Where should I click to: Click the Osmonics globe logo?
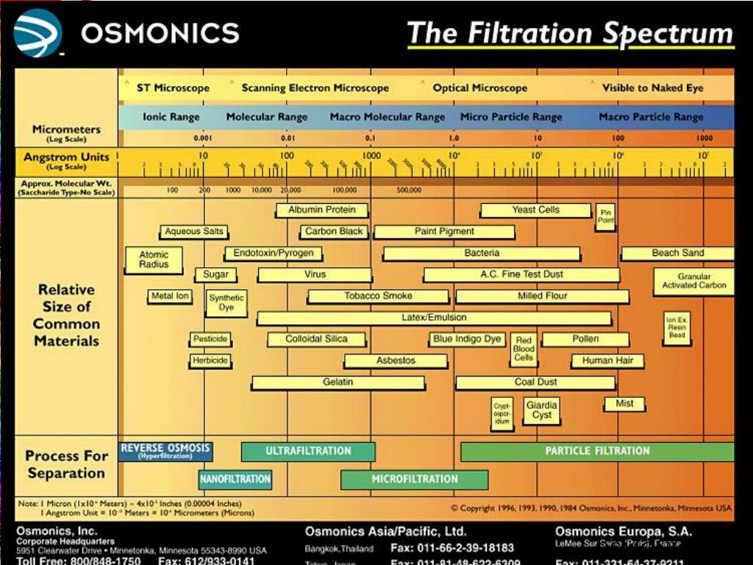click(38, 33)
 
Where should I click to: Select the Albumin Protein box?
click(321, 210)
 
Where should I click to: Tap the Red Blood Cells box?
click(524, 349)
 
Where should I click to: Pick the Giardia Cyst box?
click(542, 410)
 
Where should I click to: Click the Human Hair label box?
click(607, 361)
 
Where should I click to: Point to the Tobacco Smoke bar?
click(378, 296)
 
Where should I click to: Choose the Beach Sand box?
click(677, 253)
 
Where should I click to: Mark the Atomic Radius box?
click(154, 260)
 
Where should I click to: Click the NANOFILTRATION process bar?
click(235, 480)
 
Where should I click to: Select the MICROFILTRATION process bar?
click(414, 480)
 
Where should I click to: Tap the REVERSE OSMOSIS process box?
click(165, 450)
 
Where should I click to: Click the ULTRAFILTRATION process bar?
click(308, 451)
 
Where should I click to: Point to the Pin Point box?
click(606, 216)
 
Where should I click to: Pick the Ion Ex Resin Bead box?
click(677, 327)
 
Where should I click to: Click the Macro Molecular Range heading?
click(387, 117)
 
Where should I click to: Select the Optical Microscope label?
click(479, 88)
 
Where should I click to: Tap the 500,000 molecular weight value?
click(409, 190)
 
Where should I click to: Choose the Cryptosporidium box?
click(502, 413)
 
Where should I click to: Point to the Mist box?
click(624, 404)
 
